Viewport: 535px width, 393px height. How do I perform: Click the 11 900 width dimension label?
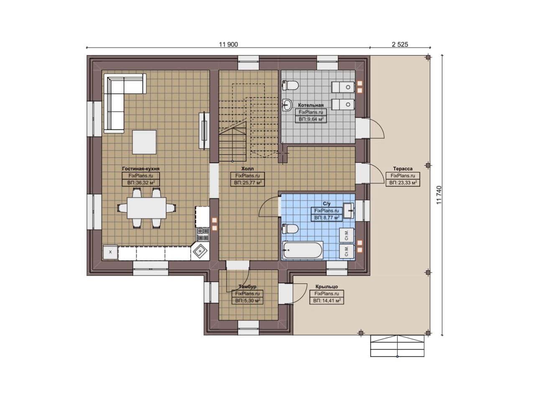click(x=228, y=44)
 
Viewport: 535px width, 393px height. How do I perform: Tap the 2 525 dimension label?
click(x=400, y=44)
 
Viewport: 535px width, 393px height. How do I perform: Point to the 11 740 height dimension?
click(x=439, y=195)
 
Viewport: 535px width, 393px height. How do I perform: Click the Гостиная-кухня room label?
click(x=141, y=169)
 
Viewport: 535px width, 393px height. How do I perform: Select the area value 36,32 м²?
click(x=141, y=183)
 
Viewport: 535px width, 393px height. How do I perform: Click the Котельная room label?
click(x=311, y=105)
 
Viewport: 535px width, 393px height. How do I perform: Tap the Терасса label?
click(x=403, y=169)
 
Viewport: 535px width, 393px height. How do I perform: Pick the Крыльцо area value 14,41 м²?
click(x=327, y=301)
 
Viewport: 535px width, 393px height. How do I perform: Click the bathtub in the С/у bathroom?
click(x=303, y=250)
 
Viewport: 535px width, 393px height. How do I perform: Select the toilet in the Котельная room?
click(x=290, y=85)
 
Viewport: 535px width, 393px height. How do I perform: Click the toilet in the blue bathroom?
click(x=290, y=229)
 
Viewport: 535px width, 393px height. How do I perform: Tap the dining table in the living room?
click(x=147, y=208)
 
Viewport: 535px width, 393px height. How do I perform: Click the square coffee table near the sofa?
click(x=144, y=142)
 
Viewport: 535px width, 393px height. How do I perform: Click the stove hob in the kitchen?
click(x=203, y=234)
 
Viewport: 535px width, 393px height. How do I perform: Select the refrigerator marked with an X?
click(x=110, y=252)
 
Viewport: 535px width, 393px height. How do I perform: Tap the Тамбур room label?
click(x=247, y=287)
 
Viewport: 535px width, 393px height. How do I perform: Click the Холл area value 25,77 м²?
click(x=247, y=183)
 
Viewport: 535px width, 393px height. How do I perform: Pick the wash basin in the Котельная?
click(x=287, y=105)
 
